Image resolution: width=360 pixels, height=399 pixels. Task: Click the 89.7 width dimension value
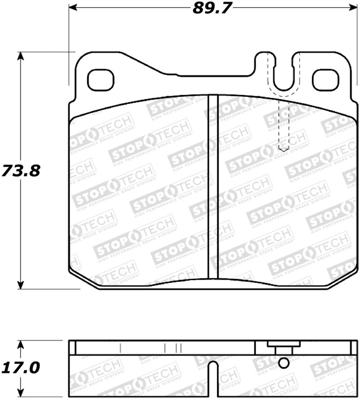[x=209, y=9]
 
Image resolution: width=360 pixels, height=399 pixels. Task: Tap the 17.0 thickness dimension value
[x=20, y=367]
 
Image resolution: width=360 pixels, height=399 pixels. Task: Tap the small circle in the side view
[x=283, y=363]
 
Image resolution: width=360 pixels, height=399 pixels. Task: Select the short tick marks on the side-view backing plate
[x=173, y=348]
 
